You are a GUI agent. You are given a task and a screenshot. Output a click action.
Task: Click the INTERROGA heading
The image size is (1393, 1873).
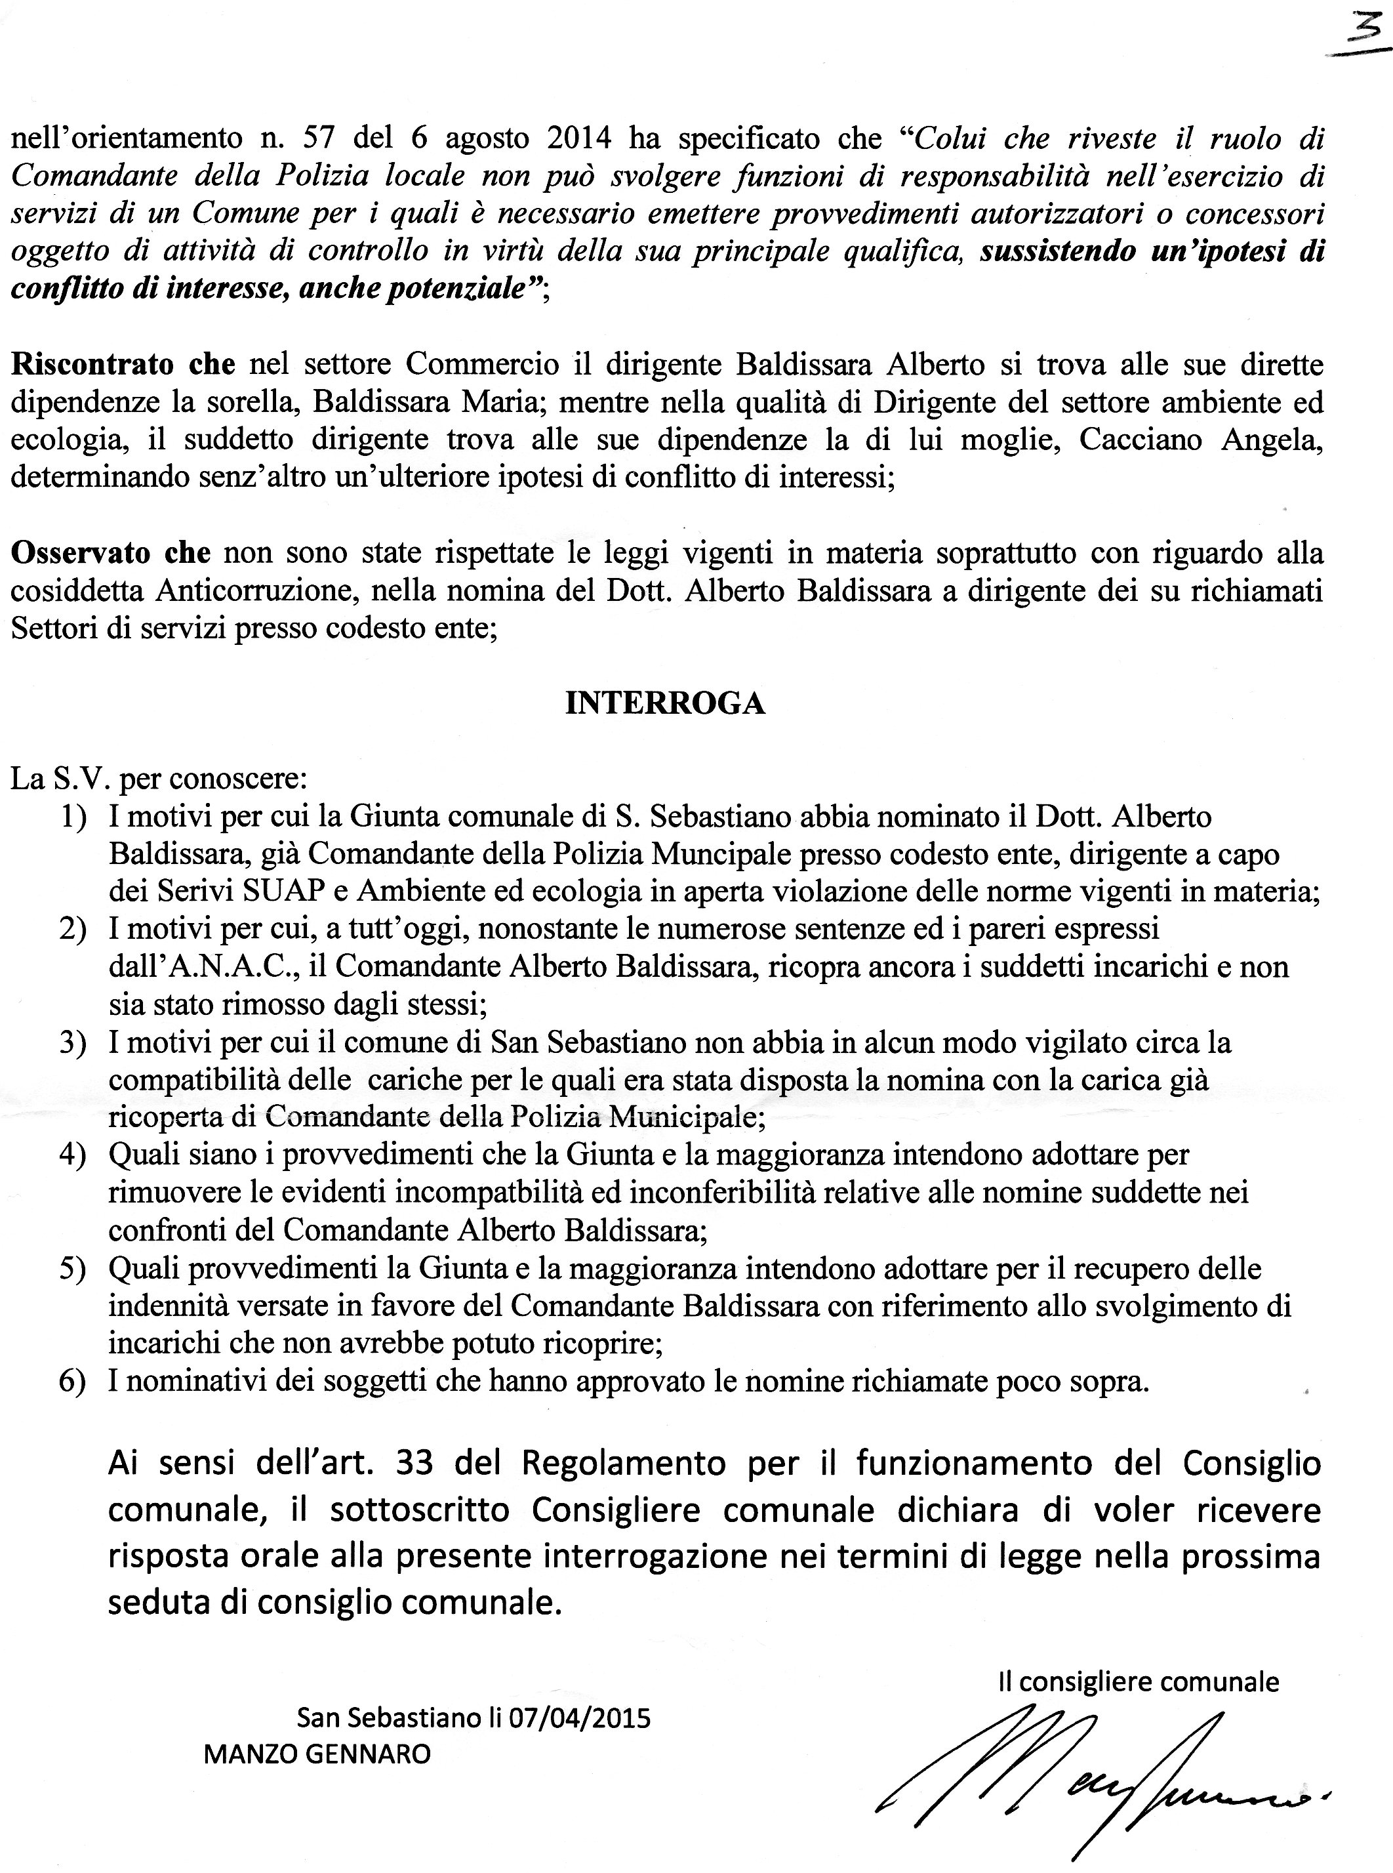point(664,703)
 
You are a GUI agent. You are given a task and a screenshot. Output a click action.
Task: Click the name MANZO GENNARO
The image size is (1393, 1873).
point(317,1755)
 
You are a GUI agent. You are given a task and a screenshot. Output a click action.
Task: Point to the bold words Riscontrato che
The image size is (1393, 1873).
point(123,364)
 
